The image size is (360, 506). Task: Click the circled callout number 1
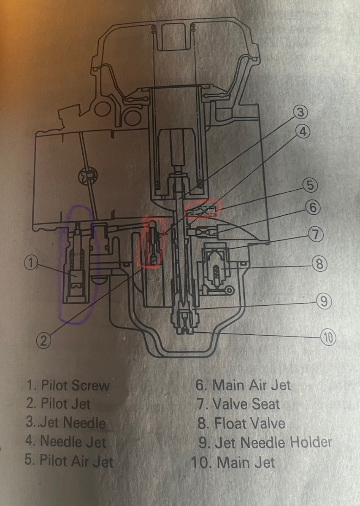click(x=30, y=263)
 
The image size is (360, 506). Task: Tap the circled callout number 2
click(x=43, y=340)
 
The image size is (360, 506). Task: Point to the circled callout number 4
click(x=302, y=132)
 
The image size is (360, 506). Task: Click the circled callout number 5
click(x=310, y=185)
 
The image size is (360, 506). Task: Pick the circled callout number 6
click(x=313, y=207)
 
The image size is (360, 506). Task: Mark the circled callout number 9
click(x=323, y=301)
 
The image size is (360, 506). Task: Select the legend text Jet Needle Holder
click(x=273, y=442)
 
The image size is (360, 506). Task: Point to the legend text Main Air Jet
click(x=252, y=385)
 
